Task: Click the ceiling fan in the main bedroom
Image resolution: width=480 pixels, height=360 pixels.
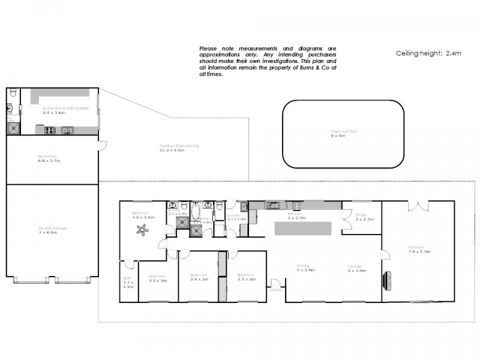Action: (143, 228)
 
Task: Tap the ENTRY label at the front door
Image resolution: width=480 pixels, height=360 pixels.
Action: (275, 290)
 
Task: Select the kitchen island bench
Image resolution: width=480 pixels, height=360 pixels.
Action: (302, 229)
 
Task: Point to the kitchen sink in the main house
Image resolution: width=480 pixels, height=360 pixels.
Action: (273, 206)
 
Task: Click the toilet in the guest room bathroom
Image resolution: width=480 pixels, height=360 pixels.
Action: (13, 92)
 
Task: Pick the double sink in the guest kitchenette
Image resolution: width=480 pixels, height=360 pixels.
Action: (67, 130)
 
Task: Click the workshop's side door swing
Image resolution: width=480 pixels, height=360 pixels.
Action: (103, 145)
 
